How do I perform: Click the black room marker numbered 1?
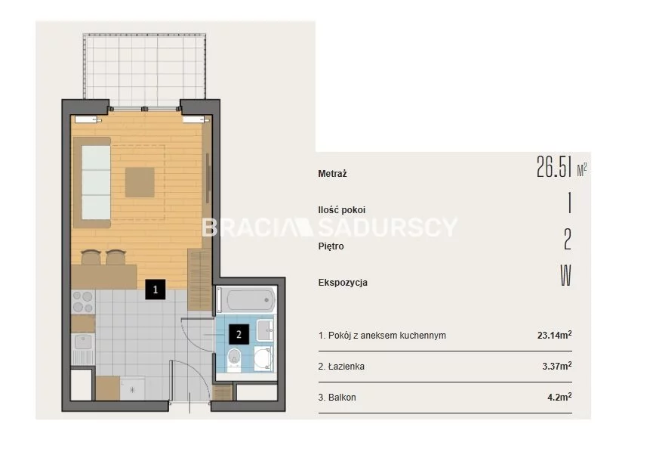(x=155, y=289)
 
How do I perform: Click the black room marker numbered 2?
(x=239, y=335)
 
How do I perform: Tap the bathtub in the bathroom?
(x=246, y=300)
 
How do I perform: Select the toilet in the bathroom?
(x=234, y=359)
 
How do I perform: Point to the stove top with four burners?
(x=83, y=302)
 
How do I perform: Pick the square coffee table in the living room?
(x=140, y=182)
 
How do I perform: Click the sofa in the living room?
(x=92, y=182)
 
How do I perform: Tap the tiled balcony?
(x=145, y=70)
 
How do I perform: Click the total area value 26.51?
(x=554, y=167)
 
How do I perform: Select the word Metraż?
(x=332, y=173)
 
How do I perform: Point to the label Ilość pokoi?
(x=342, y=209)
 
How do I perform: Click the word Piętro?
(x=331, y=246)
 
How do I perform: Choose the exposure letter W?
(x=565, y=276)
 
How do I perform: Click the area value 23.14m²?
(x=554, y=335)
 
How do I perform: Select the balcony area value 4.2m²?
(x=559, y=397)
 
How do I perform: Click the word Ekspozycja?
(x=343, y=283)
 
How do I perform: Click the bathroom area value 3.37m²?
(x=557, y=366)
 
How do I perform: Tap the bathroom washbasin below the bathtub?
(x=265, y=330)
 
